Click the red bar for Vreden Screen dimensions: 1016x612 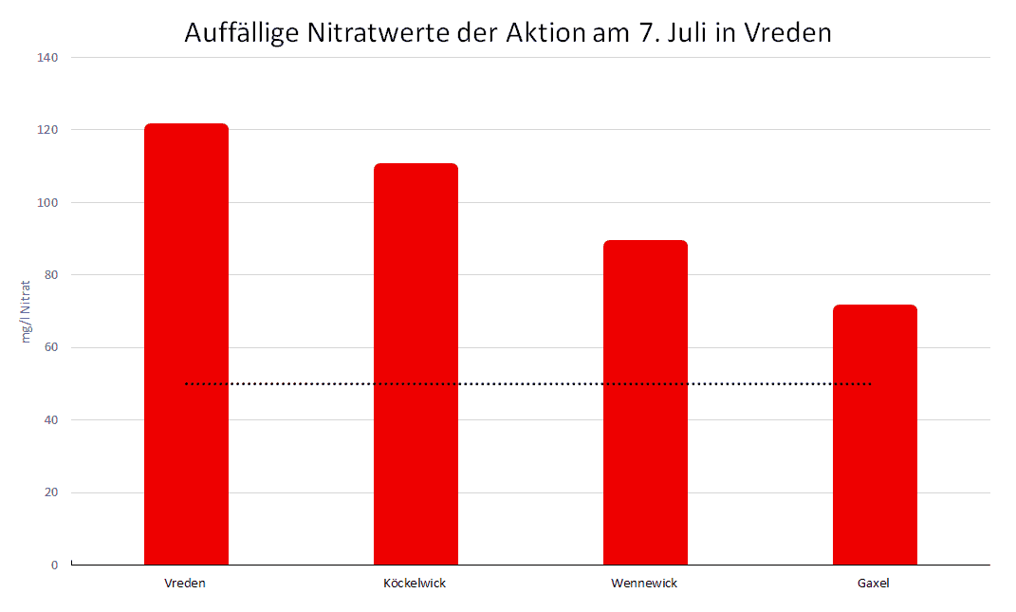tap(186, 344)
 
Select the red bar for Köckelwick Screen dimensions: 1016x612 tap(416, 364)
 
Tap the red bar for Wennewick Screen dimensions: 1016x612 tap(645, 402)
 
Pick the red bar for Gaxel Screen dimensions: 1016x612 tap(875, 435)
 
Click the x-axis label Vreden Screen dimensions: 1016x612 tap(185, 583)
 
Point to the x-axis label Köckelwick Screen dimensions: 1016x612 tap(415, 583)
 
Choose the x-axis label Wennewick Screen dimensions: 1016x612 tap(644, 583)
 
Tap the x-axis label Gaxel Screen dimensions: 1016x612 tap(874, 583)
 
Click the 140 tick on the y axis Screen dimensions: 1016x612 tap(47, 58)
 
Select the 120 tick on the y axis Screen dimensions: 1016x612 tap(47, 130)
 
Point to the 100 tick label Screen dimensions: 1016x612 tap(47, 202)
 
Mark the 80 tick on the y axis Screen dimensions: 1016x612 tap(50, 275)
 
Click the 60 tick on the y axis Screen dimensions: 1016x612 tap(50, 347)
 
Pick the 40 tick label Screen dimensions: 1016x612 tap(50, 420)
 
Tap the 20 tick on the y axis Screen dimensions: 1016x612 tap(50, 492)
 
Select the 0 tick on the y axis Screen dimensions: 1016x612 tap(54, 566)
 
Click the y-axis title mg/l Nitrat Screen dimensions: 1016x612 tap(26, 312)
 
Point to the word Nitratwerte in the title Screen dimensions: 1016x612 tap(379, 32)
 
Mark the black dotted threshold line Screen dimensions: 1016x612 tap(528, 383)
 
